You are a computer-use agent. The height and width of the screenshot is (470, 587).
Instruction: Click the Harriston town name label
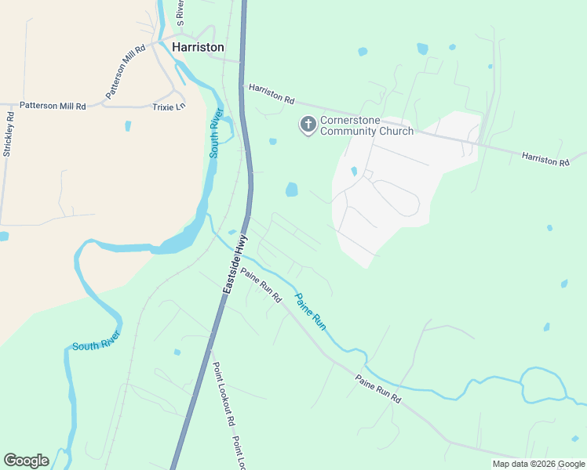[198, 48]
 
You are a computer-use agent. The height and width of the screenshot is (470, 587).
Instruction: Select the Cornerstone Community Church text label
[366, 126]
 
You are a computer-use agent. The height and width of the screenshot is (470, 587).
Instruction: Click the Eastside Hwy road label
[235, 263]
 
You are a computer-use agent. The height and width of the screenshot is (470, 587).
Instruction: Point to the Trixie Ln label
[169, 106]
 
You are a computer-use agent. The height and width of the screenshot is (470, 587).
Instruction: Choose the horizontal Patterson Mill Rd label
[53, 105]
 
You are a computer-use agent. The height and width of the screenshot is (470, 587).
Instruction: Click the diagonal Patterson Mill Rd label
[126, 71]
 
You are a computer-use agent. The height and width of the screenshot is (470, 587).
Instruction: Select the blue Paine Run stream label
[310, 310]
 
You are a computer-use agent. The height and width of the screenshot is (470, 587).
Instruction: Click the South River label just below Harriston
[216, 134]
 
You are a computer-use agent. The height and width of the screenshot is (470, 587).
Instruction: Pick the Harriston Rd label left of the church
[271, 95]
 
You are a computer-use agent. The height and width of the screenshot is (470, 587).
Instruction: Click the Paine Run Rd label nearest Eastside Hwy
[261, 286]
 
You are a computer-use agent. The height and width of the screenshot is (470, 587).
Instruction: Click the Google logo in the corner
[26, 461]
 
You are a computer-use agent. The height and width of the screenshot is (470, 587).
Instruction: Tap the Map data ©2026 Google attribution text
[538, 464]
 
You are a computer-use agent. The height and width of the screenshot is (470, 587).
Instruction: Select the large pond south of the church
[292, 190]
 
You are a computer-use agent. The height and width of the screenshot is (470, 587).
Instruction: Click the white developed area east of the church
[400, 188]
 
